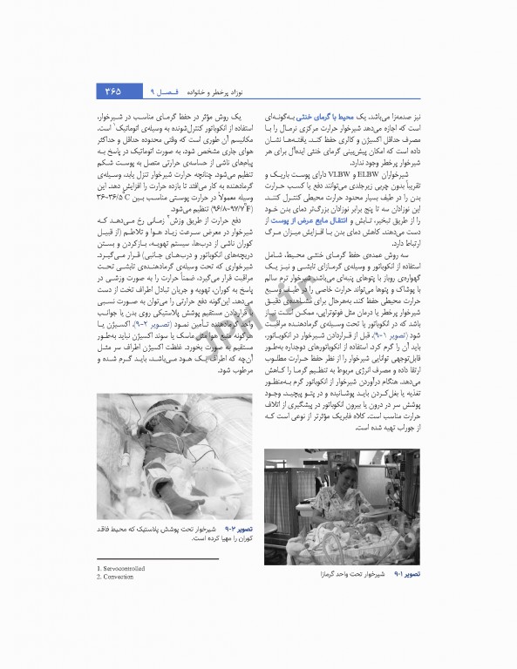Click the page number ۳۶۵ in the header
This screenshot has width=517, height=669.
112,91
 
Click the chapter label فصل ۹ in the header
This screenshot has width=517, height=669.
162,91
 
